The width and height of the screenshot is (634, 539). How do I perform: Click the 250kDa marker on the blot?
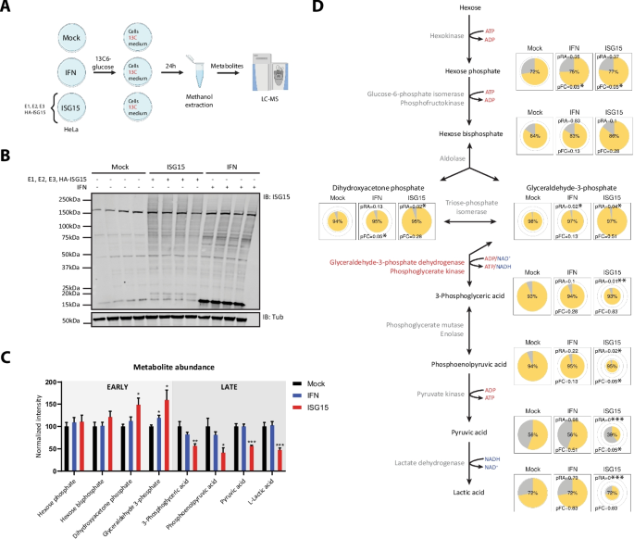[75, 199]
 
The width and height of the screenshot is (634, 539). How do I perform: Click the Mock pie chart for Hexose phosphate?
[533, 71]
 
